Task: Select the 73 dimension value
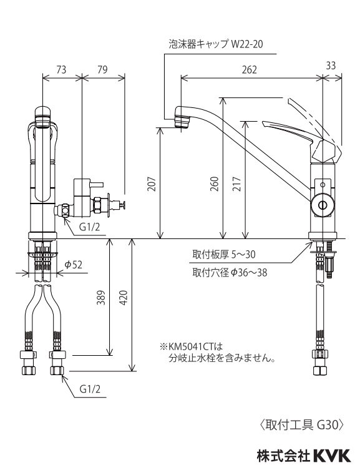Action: (61, 70)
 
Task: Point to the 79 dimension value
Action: (102, 70)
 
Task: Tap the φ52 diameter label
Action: (74, 265)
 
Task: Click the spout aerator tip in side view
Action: (182, 118)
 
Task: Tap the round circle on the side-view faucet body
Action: (322, 204)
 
